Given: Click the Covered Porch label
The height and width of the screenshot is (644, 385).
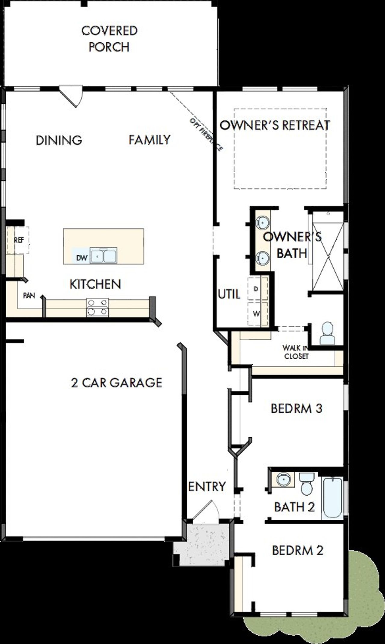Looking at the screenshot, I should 109,39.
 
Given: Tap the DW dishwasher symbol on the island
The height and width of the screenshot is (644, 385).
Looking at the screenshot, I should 82,257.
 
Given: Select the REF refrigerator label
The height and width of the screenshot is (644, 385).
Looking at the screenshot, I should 19,240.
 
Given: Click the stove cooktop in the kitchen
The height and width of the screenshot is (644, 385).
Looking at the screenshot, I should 97,307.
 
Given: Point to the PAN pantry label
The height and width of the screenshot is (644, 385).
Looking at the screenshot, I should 29,296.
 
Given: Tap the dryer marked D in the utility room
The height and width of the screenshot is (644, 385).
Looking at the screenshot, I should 257,289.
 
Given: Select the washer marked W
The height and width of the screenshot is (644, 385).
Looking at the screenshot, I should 257,314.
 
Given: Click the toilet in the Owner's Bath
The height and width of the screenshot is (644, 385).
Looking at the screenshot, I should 327,333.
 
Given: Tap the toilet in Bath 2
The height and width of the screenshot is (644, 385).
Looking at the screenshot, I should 307,484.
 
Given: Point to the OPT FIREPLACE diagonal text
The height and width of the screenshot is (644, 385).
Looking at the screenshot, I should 206,134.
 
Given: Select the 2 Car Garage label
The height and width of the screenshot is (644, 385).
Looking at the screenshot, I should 117,383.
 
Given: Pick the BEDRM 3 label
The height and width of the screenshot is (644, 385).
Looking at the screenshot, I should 297,408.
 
